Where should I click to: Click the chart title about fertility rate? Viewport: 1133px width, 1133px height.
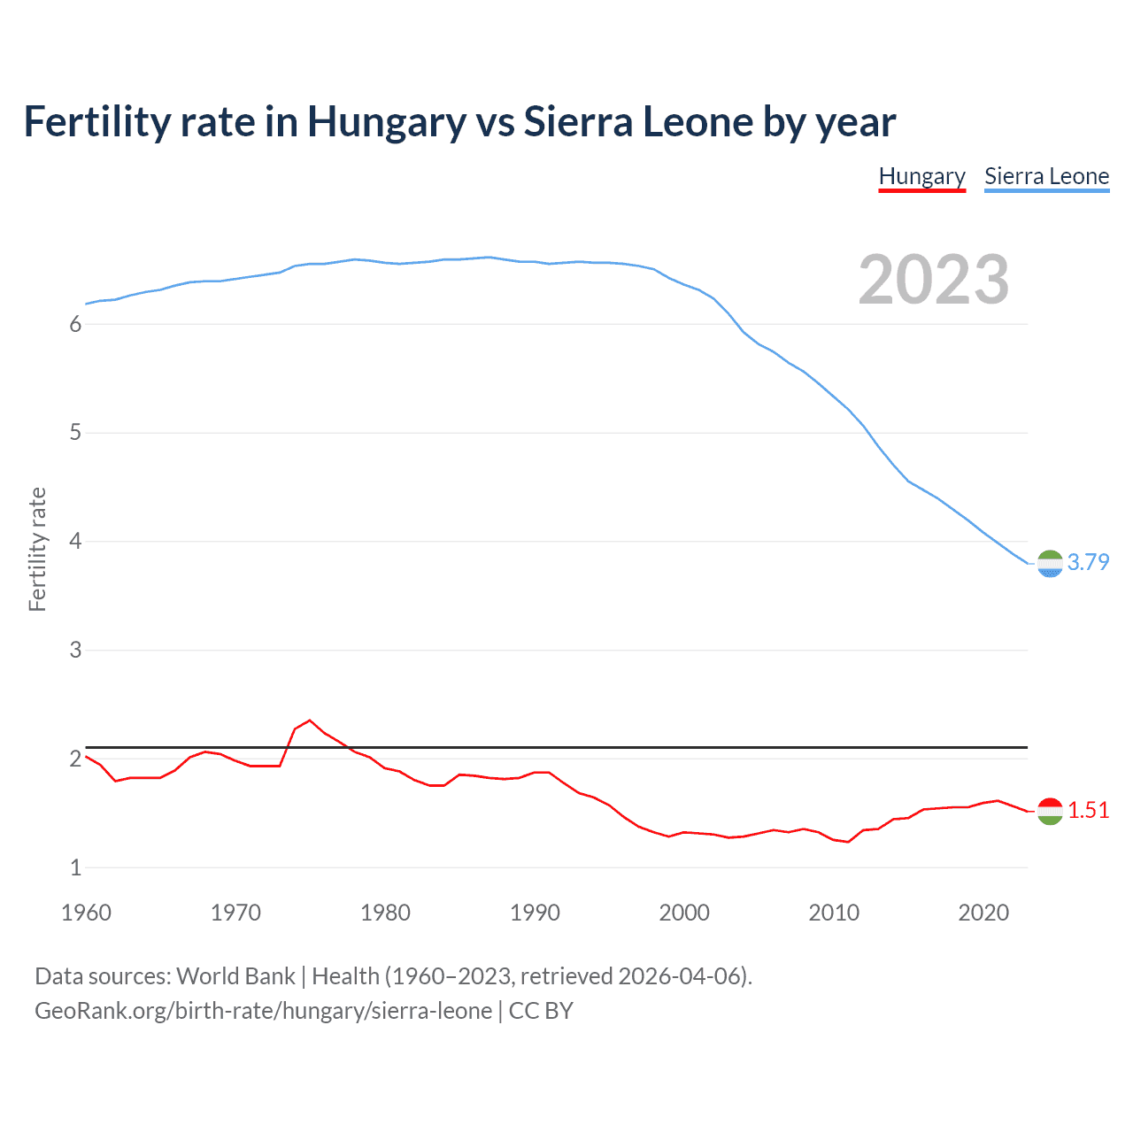point(459,122)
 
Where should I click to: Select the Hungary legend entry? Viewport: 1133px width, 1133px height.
point(921,176)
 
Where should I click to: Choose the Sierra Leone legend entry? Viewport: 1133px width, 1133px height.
point(1046,176)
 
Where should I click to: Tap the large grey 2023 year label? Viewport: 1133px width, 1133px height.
point(934,280)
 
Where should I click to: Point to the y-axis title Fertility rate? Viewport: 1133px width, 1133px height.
point(37,549)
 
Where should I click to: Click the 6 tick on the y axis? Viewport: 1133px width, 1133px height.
point(75,324)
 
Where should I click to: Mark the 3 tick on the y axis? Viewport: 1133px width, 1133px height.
point(75,650)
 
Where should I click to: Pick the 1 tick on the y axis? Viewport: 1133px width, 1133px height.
point(75,867)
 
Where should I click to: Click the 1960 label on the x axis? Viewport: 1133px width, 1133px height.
point(86,913)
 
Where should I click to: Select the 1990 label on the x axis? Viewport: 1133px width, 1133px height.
point(535,913)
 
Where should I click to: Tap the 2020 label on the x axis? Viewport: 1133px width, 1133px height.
point(983,913)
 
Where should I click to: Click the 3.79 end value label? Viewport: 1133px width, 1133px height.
point(1088,562)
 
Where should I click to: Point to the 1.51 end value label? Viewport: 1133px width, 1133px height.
point(1088,810)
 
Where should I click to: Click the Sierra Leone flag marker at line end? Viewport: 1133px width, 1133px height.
point(1050,564)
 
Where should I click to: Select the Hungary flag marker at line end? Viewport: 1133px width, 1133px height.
point(1050,811)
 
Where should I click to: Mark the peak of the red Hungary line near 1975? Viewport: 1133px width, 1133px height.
point(309,721)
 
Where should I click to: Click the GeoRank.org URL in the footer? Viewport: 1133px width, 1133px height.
point(263,1011)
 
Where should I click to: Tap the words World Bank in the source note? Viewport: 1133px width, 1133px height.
point(235,976)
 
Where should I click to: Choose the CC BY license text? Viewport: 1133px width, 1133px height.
point(541,1011)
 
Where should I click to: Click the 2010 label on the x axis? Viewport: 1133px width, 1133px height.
point(834,913)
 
